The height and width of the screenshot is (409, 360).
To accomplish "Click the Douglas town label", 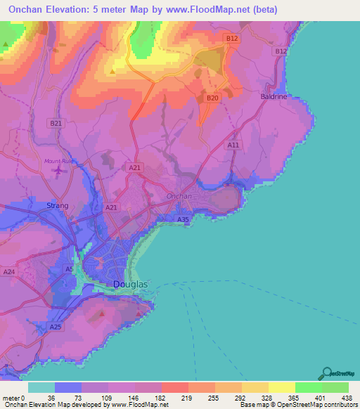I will (x=130, y=284).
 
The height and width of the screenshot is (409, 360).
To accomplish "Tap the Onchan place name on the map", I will (x=179, y=196).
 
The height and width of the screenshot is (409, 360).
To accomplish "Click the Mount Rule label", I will (x=58, y=161).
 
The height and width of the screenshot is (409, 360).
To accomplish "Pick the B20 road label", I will (x=212, y=98).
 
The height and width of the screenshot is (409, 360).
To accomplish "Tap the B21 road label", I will (x=56, y=123).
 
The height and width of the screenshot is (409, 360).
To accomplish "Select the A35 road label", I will (x=183, y=220).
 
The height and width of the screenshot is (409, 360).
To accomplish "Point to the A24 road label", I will (x=9, y=271).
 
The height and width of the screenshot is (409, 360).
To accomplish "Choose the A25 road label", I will (x=56, y=327).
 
